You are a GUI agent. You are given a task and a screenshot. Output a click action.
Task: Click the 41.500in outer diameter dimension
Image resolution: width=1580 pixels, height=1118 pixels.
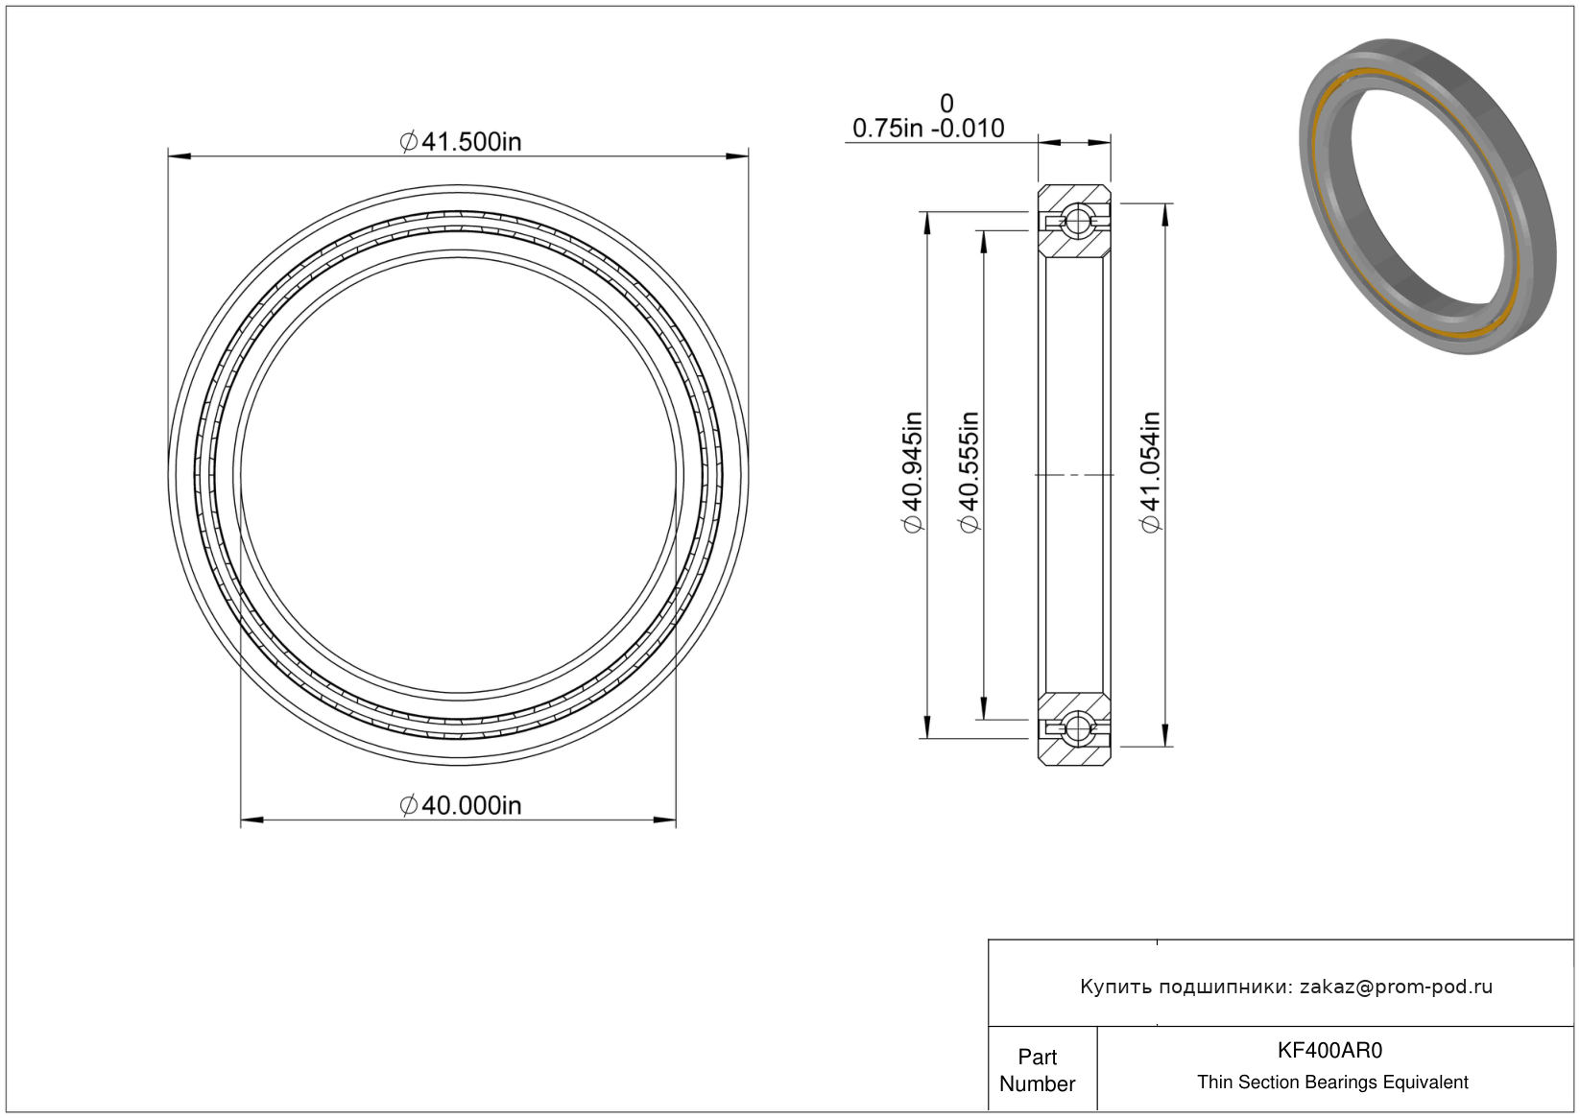tap(461, 142)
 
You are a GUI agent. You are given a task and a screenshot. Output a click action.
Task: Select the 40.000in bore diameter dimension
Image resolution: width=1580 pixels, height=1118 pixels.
tap(461, 805)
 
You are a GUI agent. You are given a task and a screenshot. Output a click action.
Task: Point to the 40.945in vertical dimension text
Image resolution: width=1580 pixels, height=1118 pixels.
tap(913, 472)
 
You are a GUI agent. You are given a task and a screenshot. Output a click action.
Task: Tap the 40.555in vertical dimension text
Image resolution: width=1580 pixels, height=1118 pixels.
tap(970, 472)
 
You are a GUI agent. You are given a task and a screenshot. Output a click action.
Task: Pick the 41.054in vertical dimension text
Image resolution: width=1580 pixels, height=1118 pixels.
tap(1150, 472)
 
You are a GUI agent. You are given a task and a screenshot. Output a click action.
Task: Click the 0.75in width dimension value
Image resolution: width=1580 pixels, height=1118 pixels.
tap(887, 129)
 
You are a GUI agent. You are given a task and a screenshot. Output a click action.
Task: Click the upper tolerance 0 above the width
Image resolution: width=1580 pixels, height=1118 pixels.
tap(946, 104)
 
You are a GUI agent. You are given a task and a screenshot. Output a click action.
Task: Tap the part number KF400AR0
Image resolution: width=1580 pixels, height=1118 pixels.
tap(1329, 1050)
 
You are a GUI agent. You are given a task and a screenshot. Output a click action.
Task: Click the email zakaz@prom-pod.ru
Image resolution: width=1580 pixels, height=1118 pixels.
tap(1396, 987)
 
